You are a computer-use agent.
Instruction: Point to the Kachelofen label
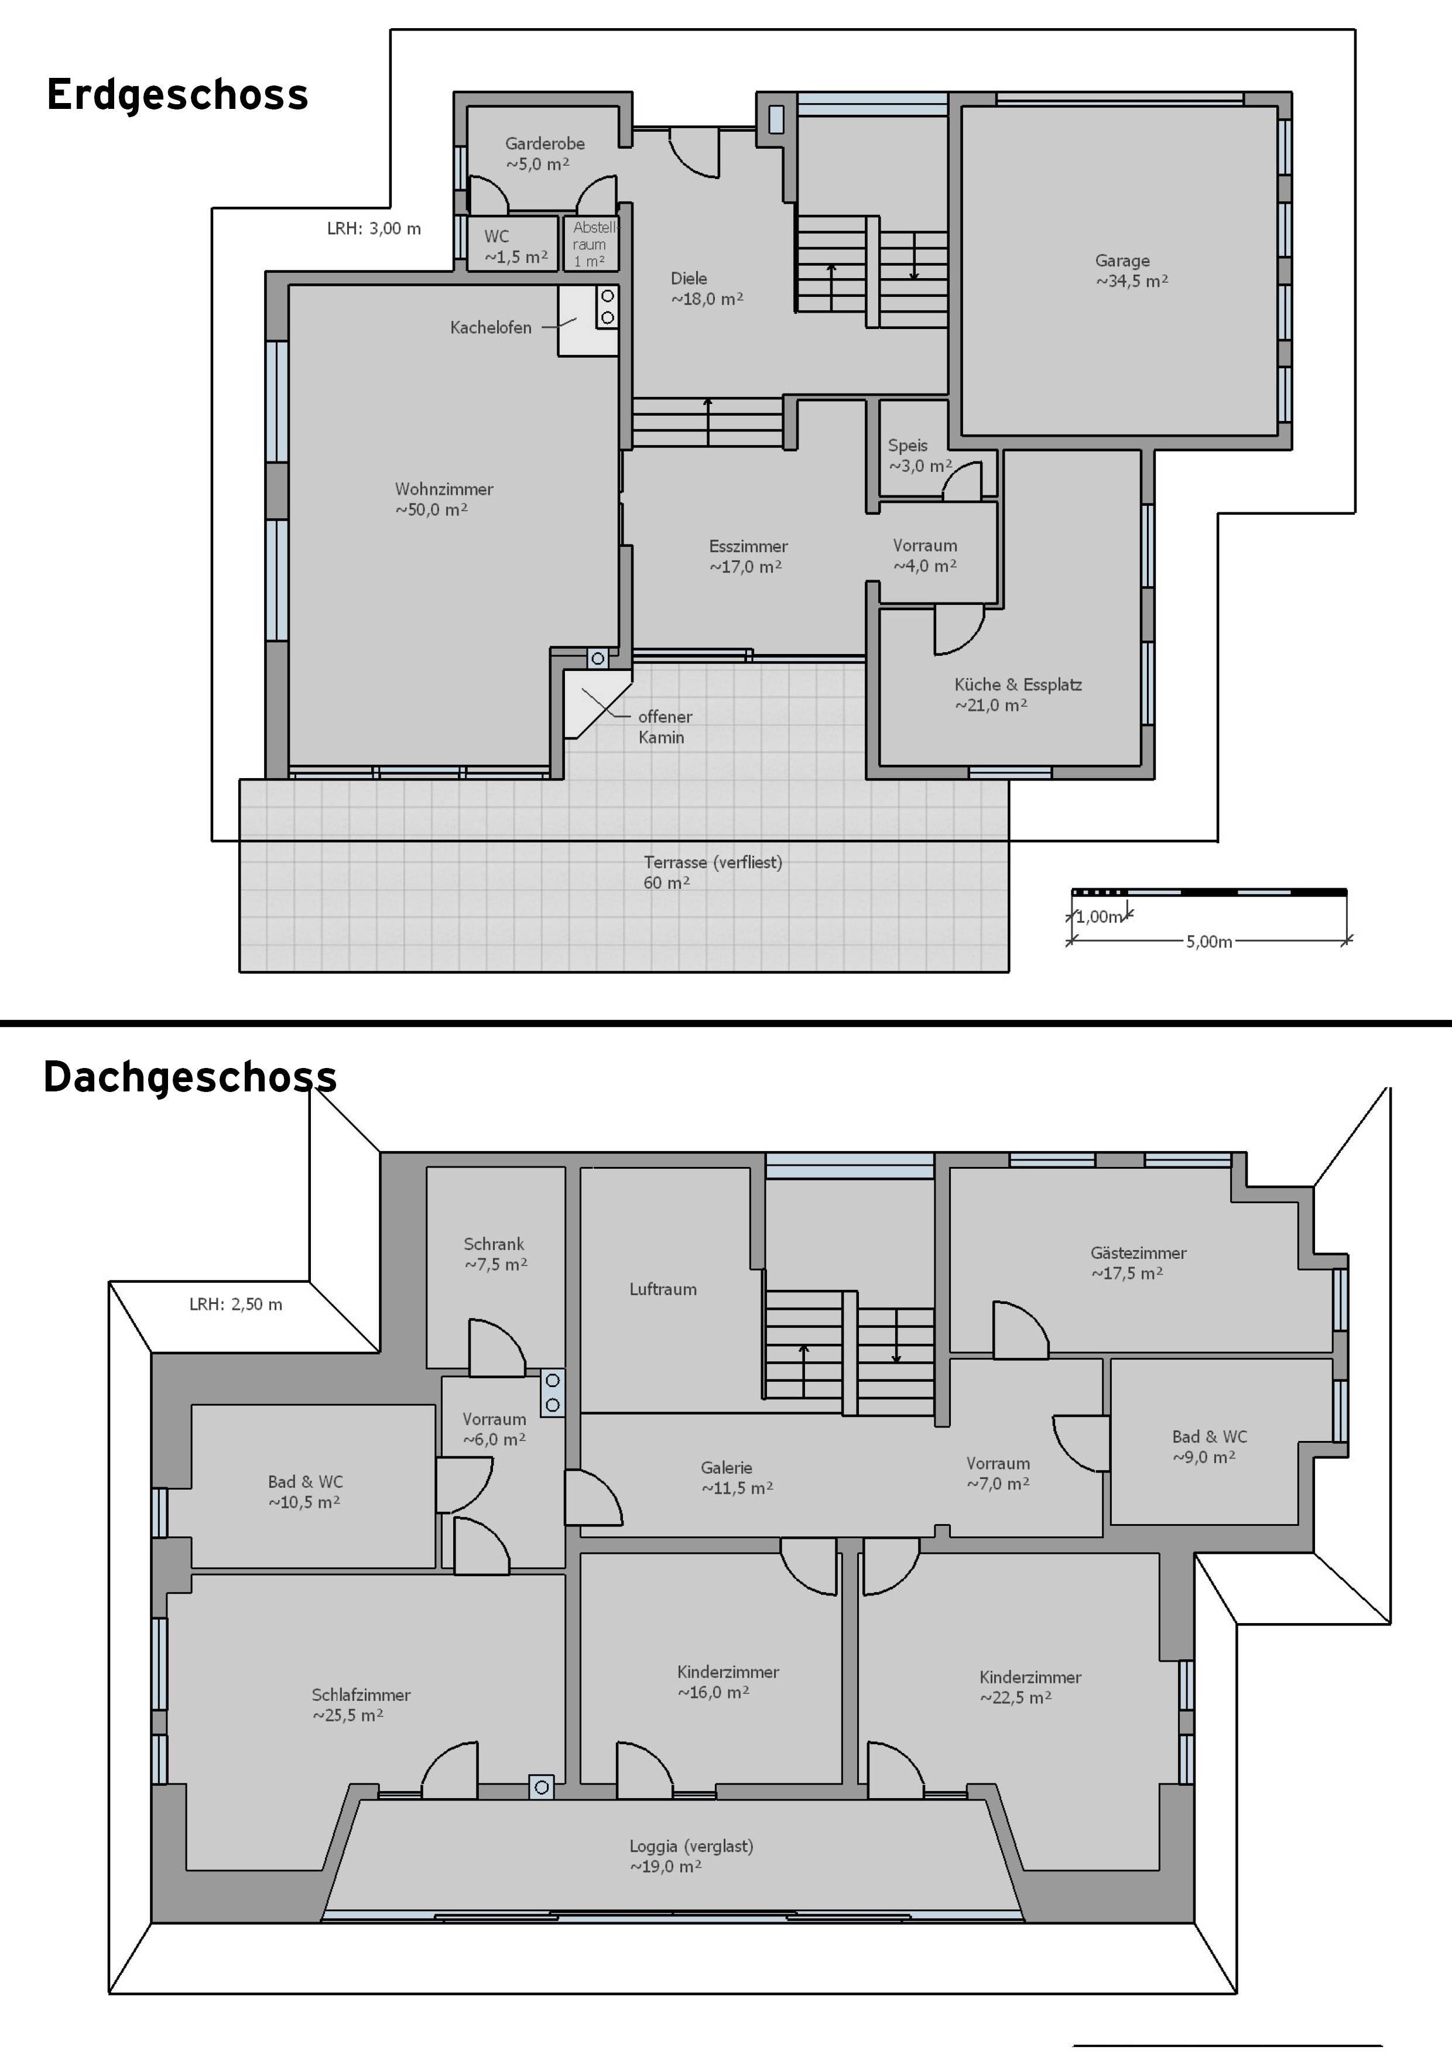(x=490, y=327)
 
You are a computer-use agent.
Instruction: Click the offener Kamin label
(x=665, y=727)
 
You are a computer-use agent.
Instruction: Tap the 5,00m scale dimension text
(x=1208, y=941)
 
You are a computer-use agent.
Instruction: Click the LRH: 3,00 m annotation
(x=374, y=228)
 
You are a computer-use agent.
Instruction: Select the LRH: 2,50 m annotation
(x=235, y=1305)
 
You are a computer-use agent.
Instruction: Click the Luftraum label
(x=662, y=1289)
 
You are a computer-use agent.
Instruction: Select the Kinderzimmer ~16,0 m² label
(x=727, y=1682)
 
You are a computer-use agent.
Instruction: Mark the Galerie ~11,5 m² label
(x=737, y=1478)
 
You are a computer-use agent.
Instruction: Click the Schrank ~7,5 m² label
(x=495, y=1254)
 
